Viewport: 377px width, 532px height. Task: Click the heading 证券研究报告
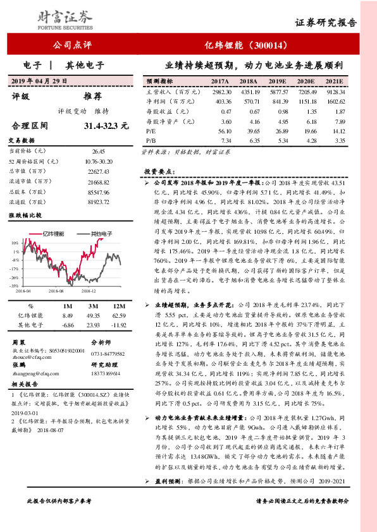pos(326,22)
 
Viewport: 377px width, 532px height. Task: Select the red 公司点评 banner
pos(70,45)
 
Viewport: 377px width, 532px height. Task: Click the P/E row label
pos(151,130)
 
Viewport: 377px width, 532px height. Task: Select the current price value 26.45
pos(98,152)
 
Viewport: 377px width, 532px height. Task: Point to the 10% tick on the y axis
pos(15,242)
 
